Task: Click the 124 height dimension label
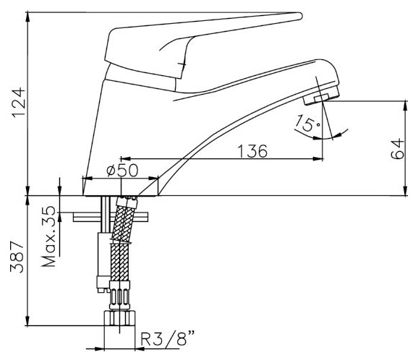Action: [x=18, y=103]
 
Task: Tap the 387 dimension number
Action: [x=17, y=257]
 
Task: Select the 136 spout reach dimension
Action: [x=252, y=151]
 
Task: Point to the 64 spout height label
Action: [x=397, y=149]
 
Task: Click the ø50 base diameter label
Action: [x=122, y=171]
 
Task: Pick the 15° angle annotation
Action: [x=308, y=123]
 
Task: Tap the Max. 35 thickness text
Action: [x=48, y=236]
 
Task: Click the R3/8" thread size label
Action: [x=167, y=338]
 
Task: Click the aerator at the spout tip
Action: [x=321, y=95]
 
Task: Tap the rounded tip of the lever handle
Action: [x=300, y=16]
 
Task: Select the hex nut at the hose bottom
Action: [x=119, y=318]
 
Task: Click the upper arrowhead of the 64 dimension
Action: [x=406, y=105]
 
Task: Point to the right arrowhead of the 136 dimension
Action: [x=318, y=159]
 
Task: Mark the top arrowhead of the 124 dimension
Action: [x=27, y=17]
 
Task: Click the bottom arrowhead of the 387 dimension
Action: [x=27, y=321]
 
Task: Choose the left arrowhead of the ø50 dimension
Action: [x=88, y=179]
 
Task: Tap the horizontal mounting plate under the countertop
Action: [x=111, y=217]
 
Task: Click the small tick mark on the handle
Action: [x=183, y=64]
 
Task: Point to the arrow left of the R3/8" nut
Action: [x=95, y=348]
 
